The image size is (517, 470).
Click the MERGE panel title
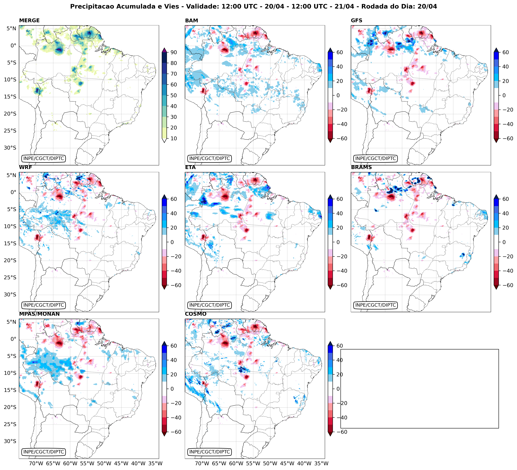[29, 20]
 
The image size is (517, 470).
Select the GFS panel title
[356, 20]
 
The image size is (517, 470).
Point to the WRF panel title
[25, 167]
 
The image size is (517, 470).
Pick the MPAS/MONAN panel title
[39, 314]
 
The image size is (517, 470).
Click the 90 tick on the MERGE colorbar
[174, 52]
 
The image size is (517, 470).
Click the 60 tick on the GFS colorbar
[505, 52]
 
